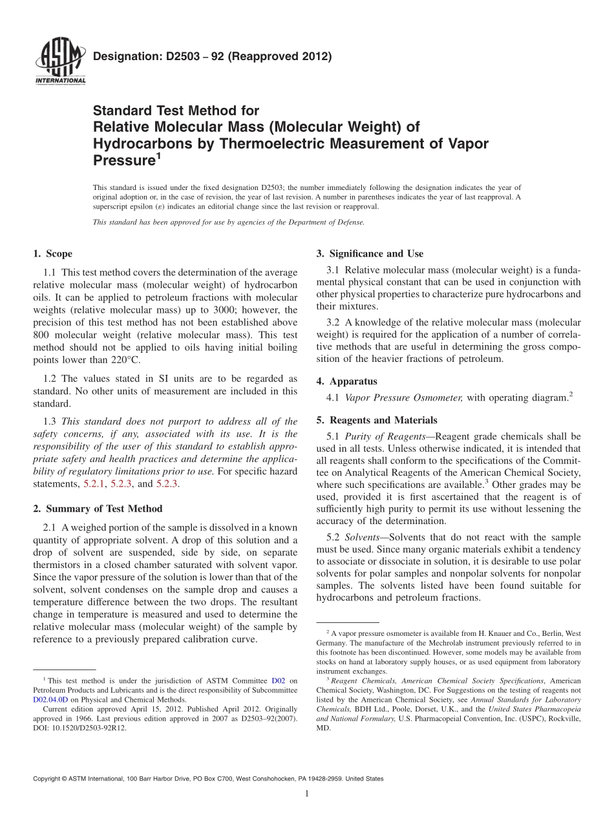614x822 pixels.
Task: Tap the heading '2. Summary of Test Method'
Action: tap(98, 509)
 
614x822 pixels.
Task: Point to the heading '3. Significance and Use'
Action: tap(370, 253)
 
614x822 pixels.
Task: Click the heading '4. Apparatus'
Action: tap(346, 381)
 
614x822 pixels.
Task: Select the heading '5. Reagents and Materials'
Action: tap(377, 420)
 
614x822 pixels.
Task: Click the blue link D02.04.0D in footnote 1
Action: tap(50, 699)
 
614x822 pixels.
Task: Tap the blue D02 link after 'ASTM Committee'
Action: tap(278, 680)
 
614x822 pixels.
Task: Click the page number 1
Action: tap(307, 794)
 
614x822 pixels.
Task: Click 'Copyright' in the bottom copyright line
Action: tap(48, 779)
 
